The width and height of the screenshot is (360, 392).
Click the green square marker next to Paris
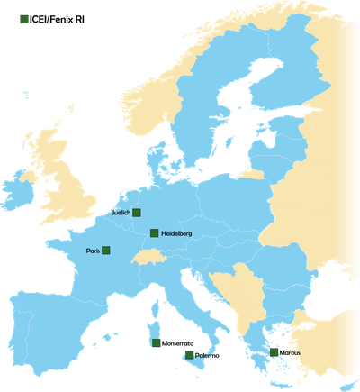pyautogui.click(x=106, y=251)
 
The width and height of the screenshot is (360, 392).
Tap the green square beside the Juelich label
pyautogui.click(x=137, y=213)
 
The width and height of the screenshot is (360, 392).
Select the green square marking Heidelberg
pyautogui.click(x=154, y=233)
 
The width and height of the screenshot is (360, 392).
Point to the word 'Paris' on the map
pyautogui.click(x=93, y=251)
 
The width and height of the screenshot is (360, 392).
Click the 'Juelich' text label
pyautogui.click(x=120, y=213)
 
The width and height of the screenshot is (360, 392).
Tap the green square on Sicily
pyautogui.click(x=189, y=355)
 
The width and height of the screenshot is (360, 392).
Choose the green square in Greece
pyautogui.click(x=274, y=353)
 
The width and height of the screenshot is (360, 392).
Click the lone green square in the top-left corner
pyautogui.click(x=24, y=18)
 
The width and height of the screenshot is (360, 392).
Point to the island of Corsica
pyautogui.click(x=153, y=312)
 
